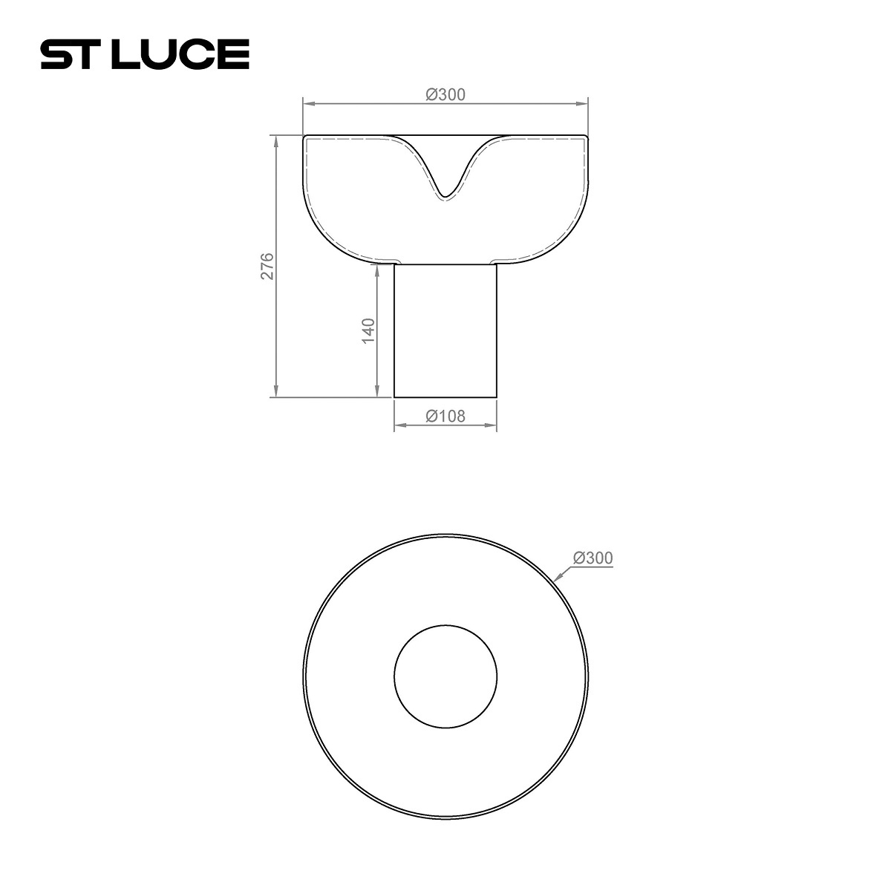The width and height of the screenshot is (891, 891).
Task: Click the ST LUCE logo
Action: [x=144, y=55]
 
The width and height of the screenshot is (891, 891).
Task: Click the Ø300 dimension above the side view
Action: [x=446, y=94]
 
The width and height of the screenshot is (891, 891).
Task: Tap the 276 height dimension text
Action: [x=267, y=266]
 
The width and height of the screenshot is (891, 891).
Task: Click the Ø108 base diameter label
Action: [x=446, y=416]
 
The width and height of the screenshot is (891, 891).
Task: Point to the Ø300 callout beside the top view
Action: [x=593, y=558]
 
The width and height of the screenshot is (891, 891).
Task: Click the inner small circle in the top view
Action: [x=446, y=676]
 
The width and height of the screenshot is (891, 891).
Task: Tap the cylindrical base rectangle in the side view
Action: [x=446, y=330]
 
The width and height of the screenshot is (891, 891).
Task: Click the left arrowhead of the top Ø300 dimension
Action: [x=305, y=103]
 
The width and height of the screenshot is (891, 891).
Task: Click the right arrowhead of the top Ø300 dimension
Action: [x=586, y=103]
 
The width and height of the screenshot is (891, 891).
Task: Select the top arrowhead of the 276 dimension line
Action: [x=275, y=139]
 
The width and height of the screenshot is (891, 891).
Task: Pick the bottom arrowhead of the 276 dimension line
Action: [x=275, y=394]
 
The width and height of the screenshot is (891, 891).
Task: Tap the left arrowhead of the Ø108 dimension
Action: [x=397, y=425]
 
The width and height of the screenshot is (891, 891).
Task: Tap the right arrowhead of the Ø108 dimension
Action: [x=493, y=425]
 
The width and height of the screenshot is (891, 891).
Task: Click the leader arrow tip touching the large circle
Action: [x=556, y=578]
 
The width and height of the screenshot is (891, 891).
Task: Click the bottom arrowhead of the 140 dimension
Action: [x=378, y=394]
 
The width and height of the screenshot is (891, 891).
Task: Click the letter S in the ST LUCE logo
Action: [x=56, y=55]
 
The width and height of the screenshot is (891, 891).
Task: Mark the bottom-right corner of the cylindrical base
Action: [x=497, y=397]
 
